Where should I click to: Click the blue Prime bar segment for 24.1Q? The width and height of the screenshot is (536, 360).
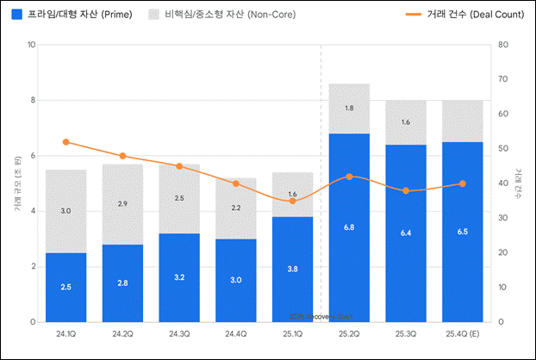pos(66,287)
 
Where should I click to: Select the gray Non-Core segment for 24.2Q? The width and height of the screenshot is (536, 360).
pos(122,204)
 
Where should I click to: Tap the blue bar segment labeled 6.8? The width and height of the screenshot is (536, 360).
pos(349,227)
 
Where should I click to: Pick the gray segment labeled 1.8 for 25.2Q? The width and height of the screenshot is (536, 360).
pos(349,109)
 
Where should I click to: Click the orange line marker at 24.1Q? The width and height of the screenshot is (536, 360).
pos(66,141)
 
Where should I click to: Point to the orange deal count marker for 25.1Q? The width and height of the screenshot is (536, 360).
pos(292,201)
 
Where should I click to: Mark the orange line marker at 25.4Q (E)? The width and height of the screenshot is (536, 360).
pos(463,183)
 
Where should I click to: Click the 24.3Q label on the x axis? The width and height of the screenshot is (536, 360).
pos(179,332)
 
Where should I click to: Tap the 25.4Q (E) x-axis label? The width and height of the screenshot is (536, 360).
pos(463,332)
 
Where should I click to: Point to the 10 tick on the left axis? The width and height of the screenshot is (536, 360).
pos(31,45)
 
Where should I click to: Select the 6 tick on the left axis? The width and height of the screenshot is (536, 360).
pos(33,156)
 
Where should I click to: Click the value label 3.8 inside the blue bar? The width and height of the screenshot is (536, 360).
pos(292,268)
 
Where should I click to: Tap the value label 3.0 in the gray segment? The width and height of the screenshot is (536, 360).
pos(66,211)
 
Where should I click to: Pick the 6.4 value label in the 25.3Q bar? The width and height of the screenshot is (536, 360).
pos(406,233)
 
